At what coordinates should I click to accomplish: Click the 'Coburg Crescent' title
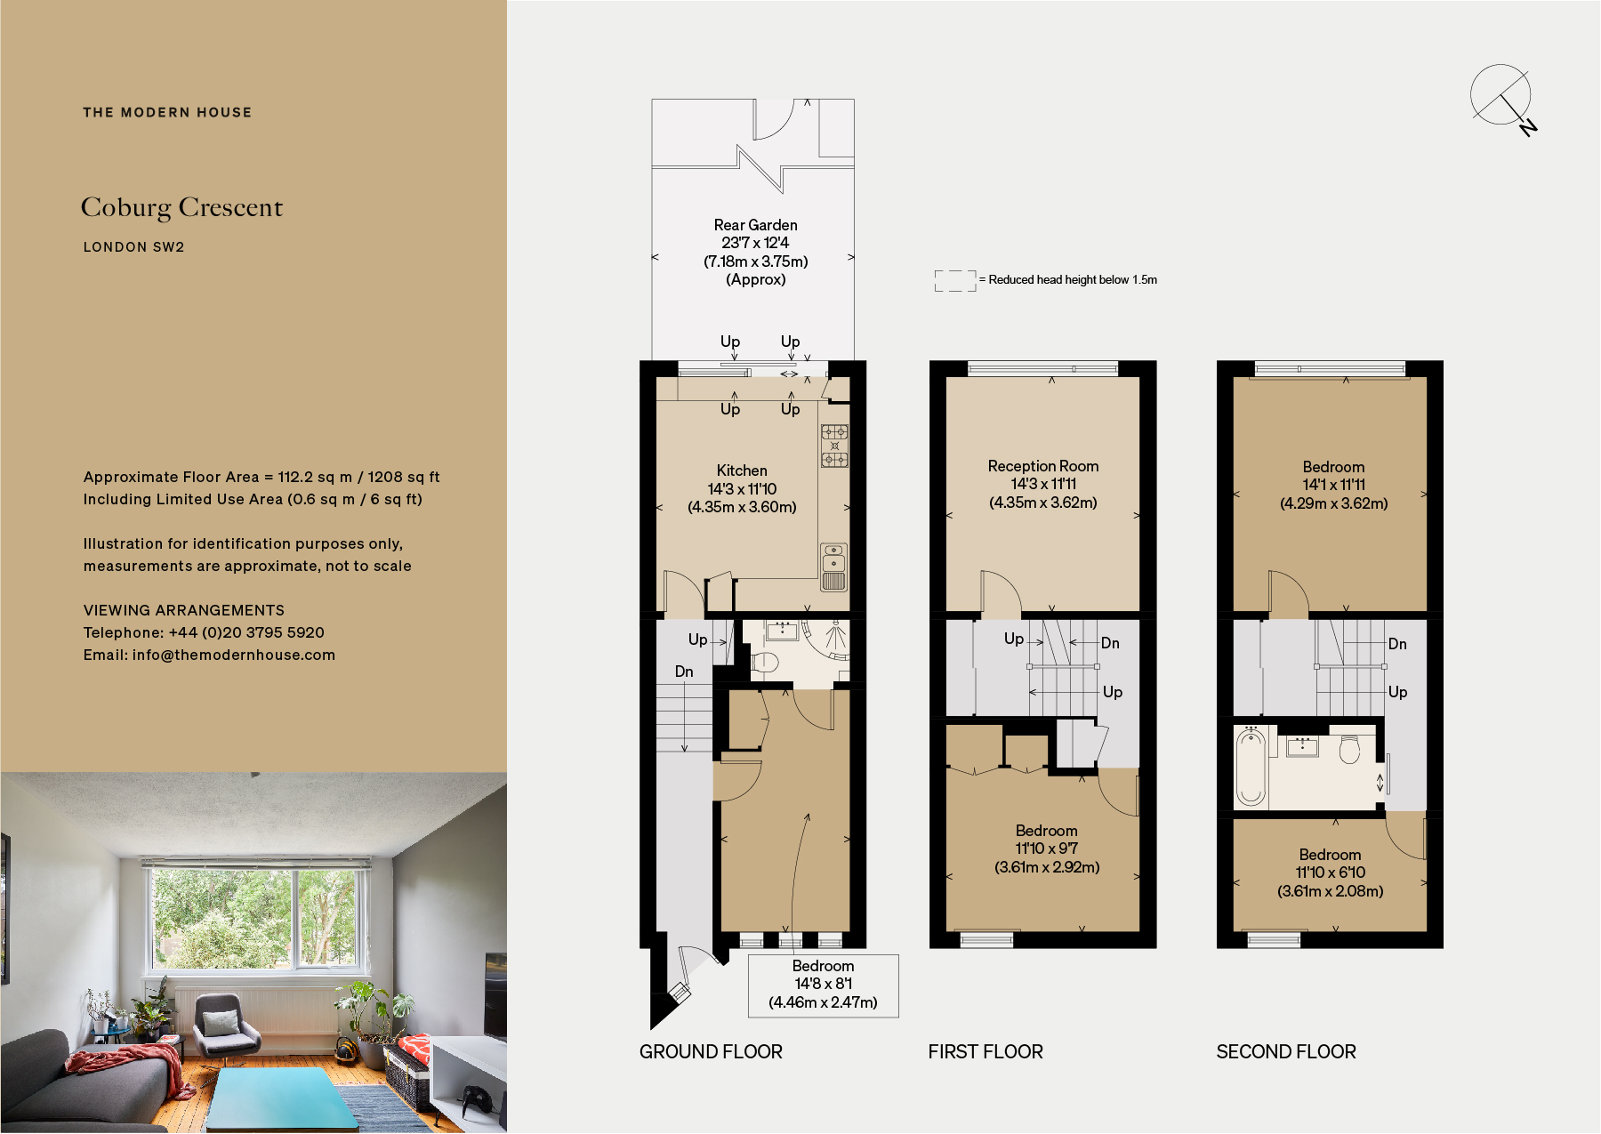(x=181, y=207)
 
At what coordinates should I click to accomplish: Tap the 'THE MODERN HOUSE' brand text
(x=167, y=112)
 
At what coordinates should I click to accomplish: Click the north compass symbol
(x=1502, y=97)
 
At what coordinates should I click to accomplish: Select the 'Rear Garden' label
(x=755, y=225)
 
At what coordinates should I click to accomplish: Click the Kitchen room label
(x=742, y=470)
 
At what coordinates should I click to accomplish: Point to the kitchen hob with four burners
(x=834, y=446)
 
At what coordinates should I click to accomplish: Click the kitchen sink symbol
(x=833, y=567)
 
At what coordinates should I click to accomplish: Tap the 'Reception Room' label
(x=1042, y=466)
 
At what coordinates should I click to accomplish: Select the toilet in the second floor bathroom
(x=1349, y=749)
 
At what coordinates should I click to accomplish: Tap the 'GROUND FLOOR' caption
(x=711, y=1051)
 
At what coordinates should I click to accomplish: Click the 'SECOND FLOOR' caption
(x=1285, y=1051)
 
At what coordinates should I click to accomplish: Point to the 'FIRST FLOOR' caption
(x=985, y=1051)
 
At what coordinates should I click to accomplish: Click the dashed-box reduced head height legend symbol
(x=954, y=281)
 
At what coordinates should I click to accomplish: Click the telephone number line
(x=204, y=632)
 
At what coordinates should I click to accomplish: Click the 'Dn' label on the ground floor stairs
(x=683, y=672)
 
